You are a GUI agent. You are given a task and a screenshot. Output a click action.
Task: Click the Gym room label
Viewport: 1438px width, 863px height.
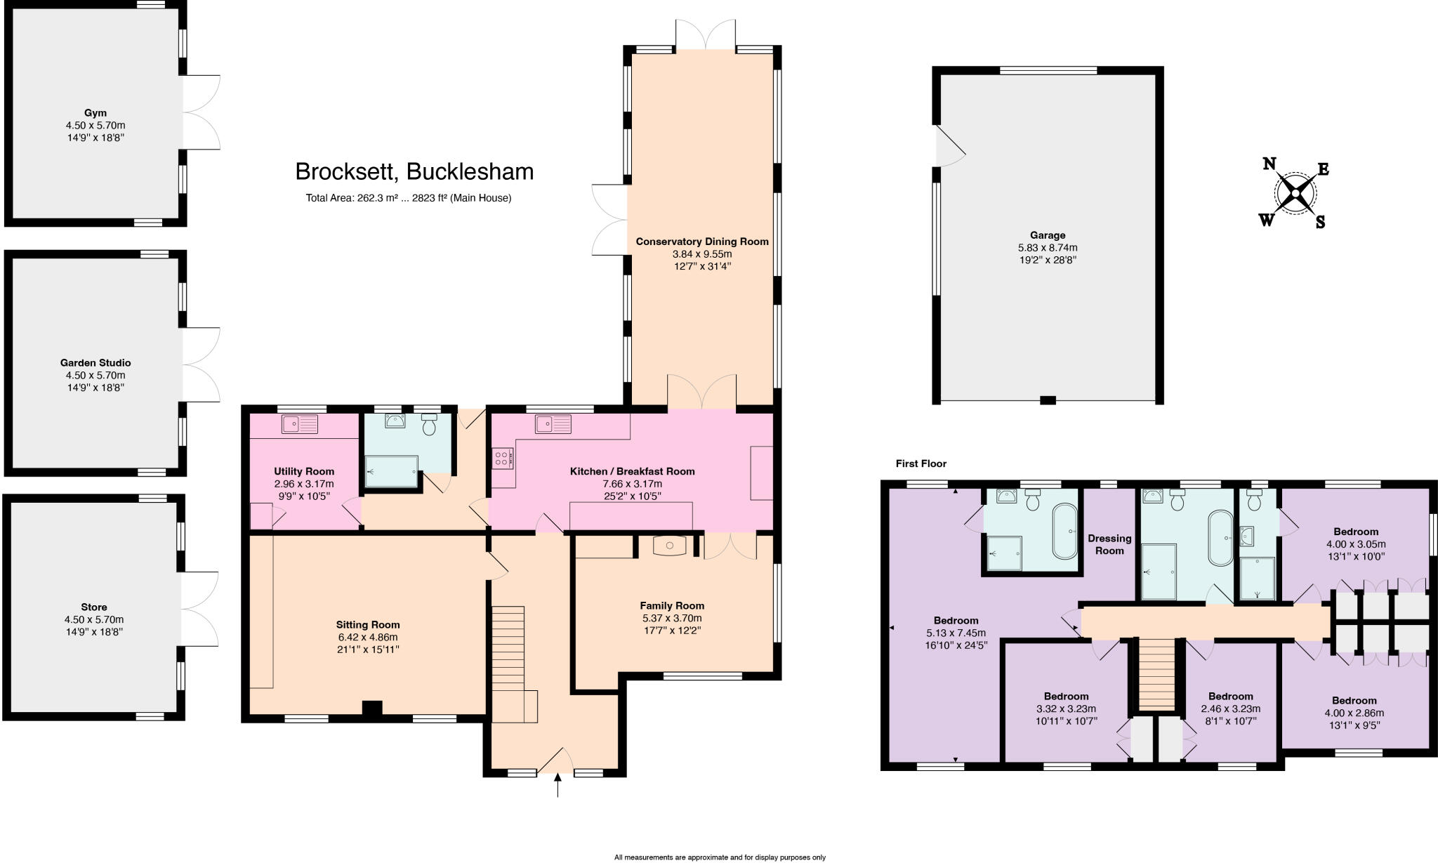coord(95,113)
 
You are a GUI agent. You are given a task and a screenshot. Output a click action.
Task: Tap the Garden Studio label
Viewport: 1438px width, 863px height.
coord(95,363)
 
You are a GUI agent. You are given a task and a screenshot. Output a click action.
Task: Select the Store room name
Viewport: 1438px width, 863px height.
coord(94,607)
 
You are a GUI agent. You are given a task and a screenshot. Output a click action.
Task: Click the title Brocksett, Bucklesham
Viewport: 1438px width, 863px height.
coord(414,172)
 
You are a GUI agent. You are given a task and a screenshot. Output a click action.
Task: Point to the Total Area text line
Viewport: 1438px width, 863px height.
coord(408,198)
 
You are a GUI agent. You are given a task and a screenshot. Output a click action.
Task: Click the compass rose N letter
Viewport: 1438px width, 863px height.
coord(1269,164)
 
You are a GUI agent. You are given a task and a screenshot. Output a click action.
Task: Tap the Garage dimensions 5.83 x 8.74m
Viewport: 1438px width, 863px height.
coord(1048,248)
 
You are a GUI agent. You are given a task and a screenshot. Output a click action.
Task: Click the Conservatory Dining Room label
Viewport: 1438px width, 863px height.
coord(702,242)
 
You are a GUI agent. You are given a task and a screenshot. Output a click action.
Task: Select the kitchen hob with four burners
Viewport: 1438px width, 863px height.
coord(503,459)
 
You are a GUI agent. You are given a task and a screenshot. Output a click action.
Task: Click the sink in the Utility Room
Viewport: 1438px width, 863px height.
coord(299,424)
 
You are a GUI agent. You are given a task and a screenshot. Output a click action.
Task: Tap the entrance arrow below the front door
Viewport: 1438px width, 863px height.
coord(558,786)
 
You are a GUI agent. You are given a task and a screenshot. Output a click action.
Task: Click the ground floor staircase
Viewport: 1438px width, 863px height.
coord(508,653)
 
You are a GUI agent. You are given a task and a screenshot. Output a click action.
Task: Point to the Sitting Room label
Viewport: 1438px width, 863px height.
coord(368,625)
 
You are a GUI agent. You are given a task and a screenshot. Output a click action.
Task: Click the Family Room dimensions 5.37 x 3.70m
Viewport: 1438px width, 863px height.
coord(672,619)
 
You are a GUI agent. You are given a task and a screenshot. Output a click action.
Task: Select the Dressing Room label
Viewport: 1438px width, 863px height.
coord(1109,544)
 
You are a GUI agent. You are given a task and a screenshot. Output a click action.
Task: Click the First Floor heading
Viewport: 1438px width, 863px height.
coord(921,463)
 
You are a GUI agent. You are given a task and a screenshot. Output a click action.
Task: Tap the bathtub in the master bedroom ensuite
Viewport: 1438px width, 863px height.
coord(1064,531)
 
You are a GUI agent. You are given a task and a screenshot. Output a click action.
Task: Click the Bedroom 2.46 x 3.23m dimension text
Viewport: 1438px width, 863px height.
coord(1231,709)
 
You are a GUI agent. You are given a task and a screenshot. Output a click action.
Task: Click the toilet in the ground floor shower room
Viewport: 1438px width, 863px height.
coord(430,424)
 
